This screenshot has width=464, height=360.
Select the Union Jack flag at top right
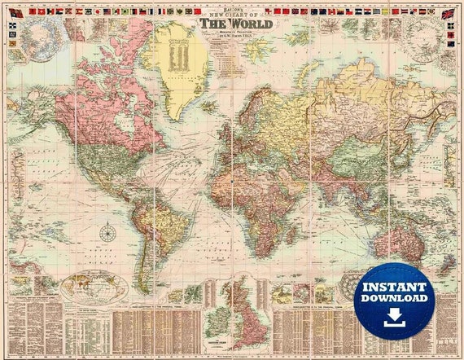coord(448,14)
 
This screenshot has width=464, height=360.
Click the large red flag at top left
coord(15,13)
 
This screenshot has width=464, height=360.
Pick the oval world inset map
coord(94,288)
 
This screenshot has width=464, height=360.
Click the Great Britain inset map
coord(244,306)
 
